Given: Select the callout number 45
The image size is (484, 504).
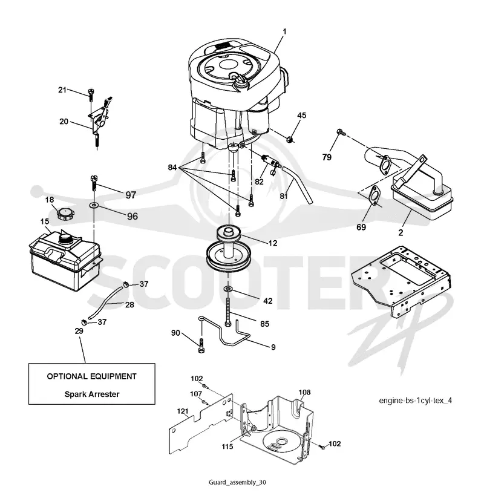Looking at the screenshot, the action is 301,115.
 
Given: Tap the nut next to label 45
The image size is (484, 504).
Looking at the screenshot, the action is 290,140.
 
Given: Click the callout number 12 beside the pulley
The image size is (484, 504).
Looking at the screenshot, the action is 272,243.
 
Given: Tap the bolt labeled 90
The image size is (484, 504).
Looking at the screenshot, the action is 201,346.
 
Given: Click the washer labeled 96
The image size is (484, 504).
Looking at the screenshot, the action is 94,205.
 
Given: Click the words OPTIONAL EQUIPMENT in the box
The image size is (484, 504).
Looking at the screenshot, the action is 92,376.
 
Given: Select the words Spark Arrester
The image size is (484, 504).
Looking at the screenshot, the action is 92,394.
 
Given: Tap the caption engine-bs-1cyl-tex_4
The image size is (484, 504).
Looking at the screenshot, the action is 415,401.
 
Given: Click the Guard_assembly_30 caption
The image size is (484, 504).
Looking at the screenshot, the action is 238,482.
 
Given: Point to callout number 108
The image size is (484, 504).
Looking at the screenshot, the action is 305,392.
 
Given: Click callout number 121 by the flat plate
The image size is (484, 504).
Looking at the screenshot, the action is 183,411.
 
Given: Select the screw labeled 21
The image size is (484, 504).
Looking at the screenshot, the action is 91,93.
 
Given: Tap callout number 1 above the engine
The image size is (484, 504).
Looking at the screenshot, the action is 284,31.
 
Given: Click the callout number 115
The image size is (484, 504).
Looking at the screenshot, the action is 227,447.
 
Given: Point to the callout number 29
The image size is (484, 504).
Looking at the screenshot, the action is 79,331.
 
